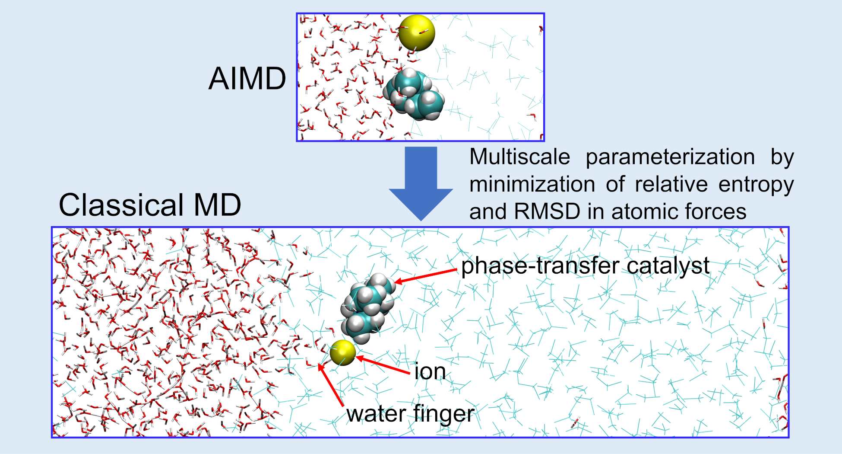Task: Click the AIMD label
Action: coord(247,79)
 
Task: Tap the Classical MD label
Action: coord(150,205)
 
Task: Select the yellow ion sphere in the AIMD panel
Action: coord(416,33)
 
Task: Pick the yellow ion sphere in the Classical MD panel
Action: coord(343,352)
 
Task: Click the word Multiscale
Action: coord(519,157)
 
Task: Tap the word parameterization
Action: coord(670,157)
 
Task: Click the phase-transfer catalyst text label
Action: coord(585,265)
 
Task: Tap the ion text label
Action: coord(430,371)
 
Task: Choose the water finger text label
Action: coord(410,414)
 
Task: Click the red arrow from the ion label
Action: coord(383,365)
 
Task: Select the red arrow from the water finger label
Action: coord(331,385)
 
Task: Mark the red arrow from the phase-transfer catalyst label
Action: coord(425,276)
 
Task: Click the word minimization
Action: coord(532,184)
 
